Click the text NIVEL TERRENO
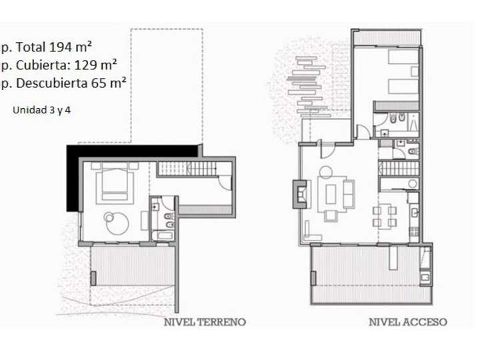click(205, 322)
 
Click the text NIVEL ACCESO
click(408, 322)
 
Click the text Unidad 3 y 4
click(41, 110)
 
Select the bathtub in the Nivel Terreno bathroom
click(162, 235)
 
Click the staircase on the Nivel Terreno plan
click(189, 169)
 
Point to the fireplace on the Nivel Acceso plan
click(300, 193)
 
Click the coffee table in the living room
click(331, 195)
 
